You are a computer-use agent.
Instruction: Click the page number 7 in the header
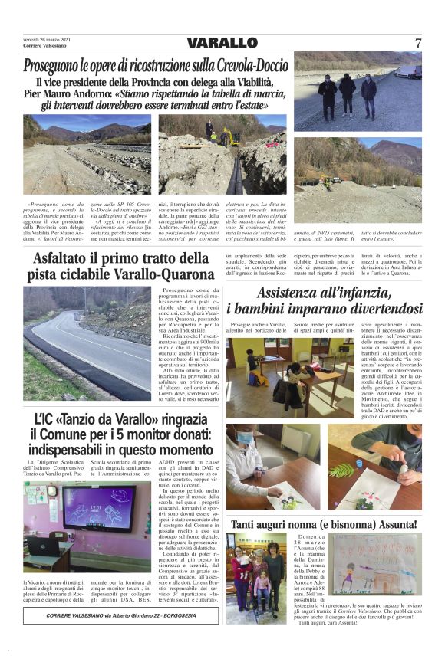[x=418, y=43]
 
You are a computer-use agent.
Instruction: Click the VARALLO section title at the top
[x=222, y=43]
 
